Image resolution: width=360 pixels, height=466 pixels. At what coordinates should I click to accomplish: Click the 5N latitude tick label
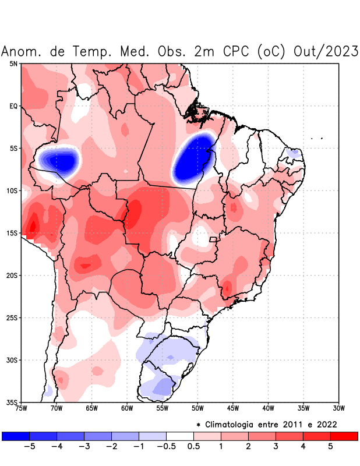[x=13, y=63]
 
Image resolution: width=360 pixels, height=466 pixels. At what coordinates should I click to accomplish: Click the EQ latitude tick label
[x=13, y=106]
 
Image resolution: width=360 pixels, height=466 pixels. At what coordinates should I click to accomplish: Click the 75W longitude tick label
[x=22, y=408]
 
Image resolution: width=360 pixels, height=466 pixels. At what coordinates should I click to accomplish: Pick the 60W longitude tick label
[x=127, y=408]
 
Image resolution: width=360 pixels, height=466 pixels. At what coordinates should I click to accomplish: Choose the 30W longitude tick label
[x=338, y=408]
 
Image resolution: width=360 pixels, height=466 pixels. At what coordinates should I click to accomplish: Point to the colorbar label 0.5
[x=193, y=447]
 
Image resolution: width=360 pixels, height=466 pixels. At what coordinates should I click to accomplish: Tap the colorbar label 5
[x=330, y=447]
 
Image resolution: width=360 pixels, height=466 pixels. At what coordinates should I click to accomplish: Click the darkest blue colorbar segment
[x=16, y=436]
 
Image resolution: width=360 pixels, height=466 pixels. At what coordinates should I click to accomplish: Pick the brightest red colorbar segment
[x=344, y=436]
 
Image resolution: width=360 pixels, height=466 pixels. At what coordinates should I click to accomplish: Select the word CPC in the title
[x=235, y=52]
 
